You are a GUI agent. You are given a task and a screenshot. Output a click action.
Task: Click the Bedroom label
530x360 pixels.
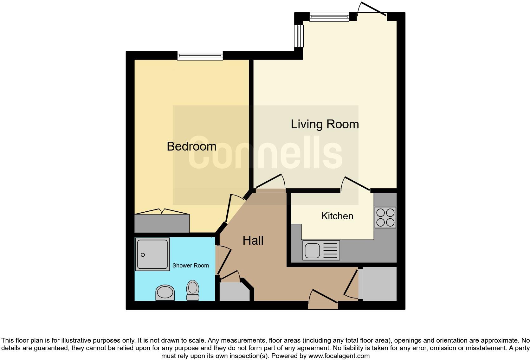[x=191, y=146]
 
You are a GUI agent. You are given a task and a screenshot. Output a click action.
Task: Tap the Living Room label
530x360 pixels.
[x=325, y=124]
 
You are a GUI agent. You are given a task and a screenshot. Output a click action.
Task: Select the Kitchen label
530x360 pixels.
[x=337, y=216]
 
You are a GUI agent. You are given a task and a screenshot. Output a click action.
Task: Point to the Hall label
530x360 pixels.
[x=253, y=241]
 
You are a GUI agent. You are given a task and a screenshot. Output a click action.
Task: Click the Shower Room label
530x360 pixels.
[x=191, y=266]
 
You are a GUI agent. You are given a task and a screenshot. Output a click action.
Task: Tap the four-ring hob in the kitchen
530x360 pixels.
[x=385, y=217]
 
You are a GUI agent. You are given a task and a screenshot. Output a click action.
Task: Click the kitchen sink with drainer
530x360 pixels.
[x=321, y=250]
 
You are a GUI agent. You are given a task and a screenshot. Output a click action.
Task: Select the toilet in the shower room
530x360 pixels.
[x=193, y=290]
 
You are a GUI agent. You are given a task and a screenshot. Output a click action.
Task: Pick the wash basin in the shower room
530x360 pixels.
[x=165, y=292]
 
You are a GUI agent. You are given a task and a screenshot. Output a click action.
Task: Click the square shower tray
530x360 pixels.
[x=152, y=254]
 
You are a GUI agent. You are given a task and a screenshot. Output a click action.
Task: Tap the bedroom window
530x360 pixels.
[x=200, y=56]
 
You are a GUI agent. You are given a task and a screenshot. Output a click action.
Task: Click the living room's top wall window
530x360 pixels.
[x=329, y=16]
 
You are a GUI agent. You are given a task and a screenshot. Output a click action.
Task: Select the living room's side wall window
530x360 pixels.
[x=299, y=36]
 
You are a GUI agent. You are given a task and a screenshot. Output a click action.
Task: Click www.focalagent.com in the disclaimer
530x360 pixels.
[x=339, y=356]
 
